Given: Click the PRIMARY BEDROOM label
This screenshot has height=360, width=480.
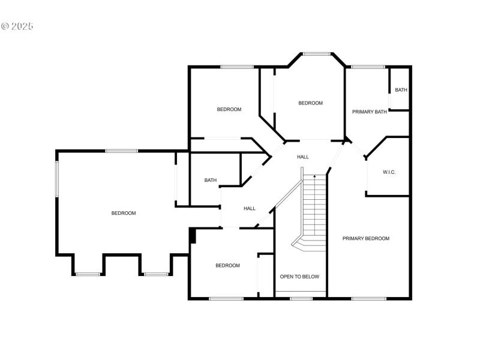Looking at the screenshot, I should click(365, 238).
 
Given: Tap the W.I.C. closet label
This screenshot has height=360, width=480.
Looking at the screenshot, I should click(389, 172).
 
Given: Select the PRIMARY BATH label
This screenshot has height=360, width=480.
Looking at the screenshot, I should click(369, 111).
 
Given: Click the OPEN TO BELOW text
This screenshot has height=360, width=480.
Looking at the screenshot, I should click(299, 277).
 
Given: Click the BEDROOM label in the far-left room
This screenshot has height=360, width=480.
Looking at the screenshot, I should click(124, 213).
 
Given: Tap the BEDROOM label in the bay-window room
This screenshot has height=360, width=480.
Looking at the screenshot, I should click(310, 103).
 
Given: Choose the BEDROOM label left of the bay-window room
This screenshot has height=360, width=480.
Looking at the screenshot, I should click(229, 109).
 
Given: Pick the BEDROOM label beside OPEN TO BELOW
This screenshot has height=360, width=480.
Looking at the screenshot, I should click(227, 265).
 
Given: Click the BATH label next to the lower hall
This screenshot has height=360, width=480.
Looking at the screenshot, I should click(210, 180).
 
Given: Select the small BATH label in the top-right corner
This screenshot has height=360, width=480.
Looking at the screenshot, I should click(401, 90).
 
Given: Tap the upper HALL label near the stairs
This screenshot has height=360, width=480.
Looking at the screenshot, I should click(303, 157).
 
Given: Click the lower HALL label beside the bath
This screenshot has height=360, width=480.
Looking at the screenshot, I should click(250, 209).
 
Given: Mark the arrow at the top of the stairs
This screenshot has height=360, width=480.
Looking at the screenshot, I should click(314, 177).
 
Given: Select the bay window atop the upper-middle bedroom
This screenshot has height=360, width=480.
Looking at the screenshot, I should click(316, 54).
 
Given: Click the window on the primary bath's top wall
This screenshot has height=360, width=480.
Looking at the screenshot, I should click(368, 67).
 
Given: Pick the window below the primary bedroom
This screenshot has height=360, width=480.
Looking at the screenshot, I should click(368, 298).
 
